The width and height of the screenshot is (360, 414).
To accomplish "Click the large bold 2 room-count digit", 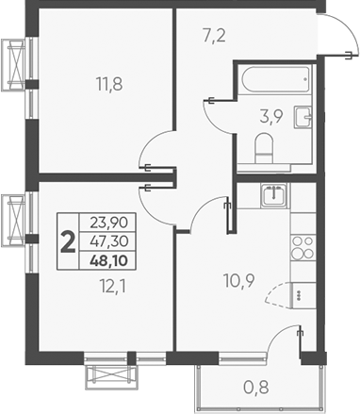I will (x=68, y=240).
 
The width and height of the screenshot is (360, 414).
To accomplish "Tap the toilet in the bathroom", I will (x=265, y=147).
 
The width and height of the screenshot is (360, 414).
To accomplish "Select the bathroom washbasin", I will (x=303, y=118).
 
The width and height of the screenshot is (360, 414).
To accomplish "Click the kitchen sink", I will (x=273, y=197).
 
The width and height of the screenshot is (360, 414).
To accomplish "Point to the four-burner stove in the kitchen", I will (x=303, y=247).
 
